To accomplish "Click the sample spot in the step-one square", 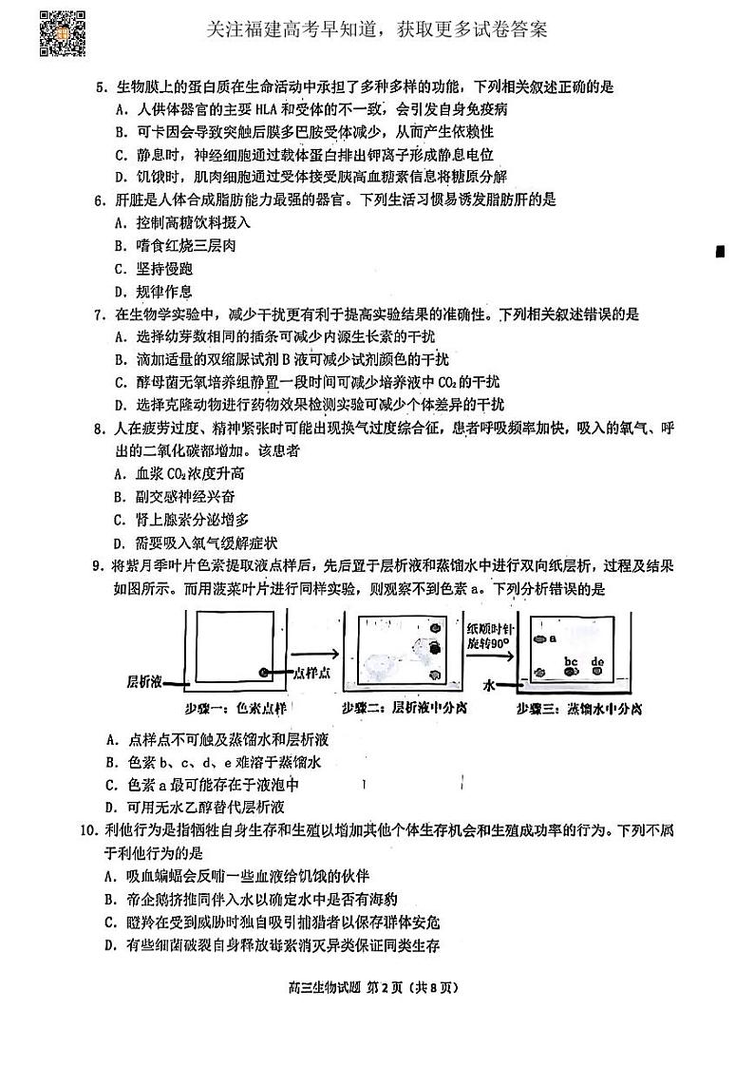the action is (265, 673).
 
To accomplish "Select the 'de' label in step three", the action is (598, 661).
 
